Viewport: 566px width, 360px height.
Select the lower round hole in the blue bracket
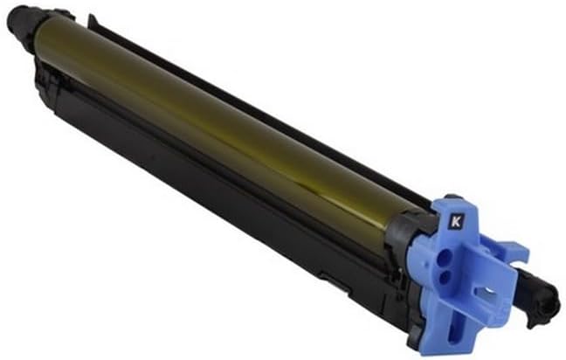[x=446, y=279]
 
